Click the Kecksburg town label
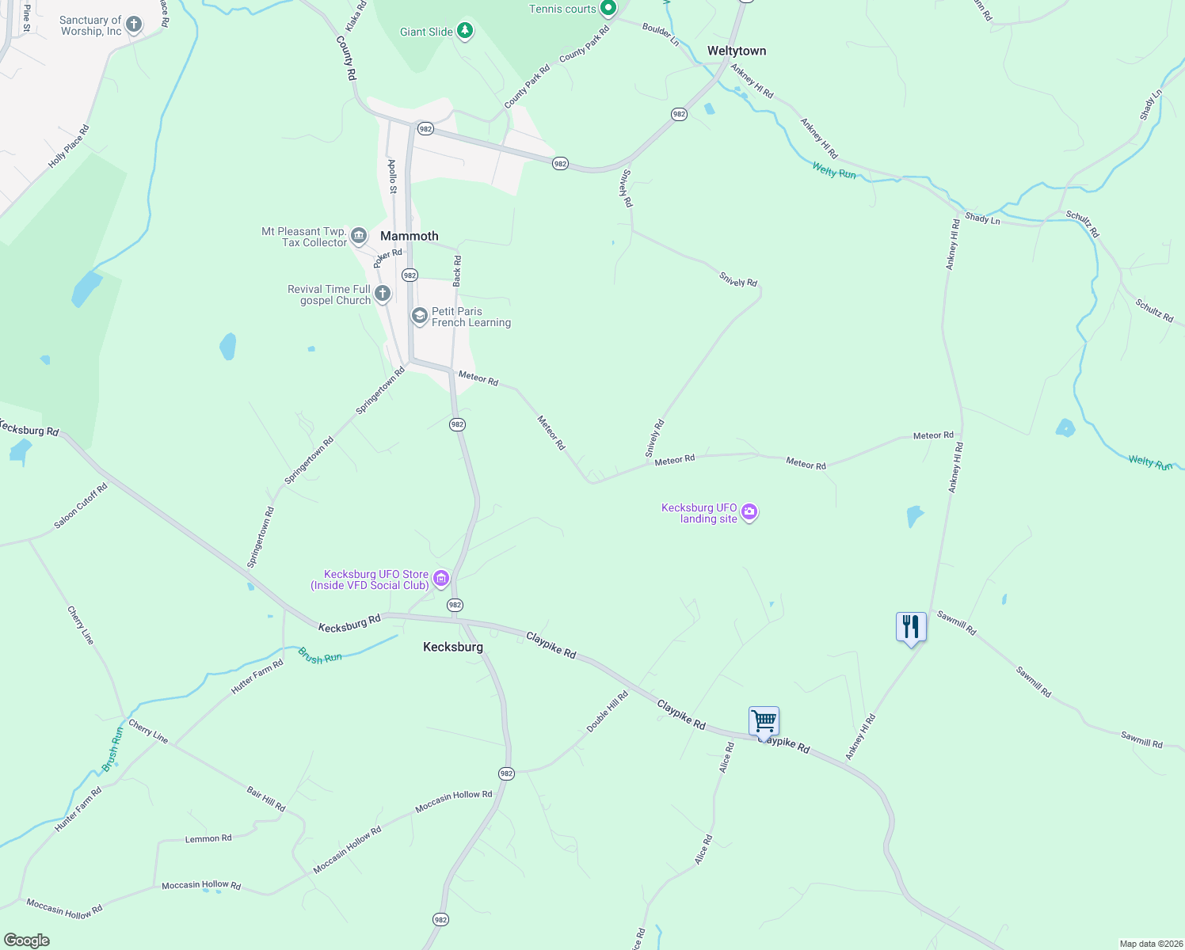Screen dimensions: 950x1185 click(x=452, y=647)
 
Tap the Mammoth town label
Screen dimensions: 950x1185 click(x=409, y=236)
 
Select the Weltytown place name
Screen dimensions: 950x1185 click(x=736, y=51)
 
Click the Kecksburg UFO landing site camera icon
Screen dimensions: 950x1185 click(x=749, y=513)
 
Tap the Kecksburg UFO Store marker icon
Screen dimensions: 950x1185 click(x=441, y=579)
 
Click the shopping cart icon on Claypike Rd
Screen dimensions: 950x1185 click(x=764, y=721)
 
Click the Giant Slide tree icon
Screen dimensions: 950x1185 click(x=466, y=32)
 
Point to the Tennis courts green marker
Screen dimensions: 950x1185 click(x=608, y=9)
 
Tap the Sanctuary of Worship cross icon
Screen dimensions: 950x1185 click(x=134, y=25)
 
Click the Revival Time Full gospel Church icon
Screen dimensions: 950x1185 click(x=383, y=294)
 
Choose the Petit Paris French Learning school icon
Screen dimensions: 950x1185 click(x=419, y=317)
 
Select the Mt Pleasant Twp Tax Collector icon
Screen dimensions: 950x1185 click(x=358, y=236)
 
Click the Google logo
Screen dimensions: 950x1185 click(x=27, y=940)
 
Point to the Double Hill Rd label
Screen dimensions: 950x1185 click(x=608, y=712)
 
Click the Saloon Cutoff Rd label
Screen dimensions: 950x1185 click(x=81, y=506)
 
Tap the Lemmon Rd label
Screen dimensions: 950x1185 click(x=208, y=838)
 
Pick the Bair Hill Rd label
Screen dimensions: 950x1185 click(x=266, y=799)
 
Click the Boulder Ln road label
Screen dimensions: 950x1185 click(x=661, y=34)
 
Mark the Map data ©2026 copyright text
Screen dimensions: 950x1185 click(x=1150, y=944)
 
